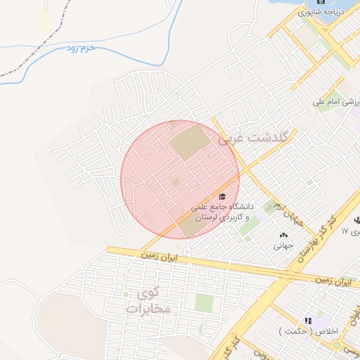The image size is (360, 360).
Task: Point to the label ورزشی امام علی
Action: tap(337, 103)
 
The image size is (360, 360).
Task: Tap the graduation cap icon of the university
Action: tap(223, 196)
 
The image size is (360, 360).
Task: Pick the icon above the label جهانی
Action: tap(283, 236)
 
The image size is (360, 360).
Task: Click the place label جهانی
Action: tap(283, 247)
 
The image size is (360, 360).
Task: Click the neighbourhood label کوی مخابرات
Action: tap(150, 301)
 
